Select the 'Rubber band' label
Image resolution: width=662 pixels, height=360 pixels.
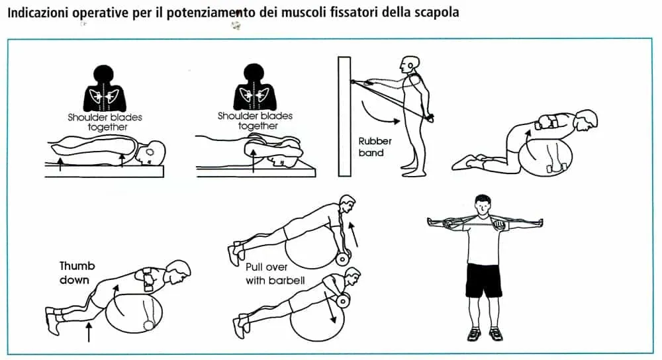[x=375, y=147]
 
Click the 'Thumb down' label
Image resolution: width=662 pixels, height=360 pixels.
[x=77, y=273]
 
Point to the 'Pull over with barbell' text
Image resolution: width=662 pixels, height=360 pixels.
[x=275, y=273]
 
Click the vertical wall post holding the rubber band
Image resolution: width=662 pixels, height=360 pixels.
[x=344, y=116]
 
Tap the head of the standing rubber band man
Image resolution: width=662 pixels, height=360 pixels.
[x=410, y=65]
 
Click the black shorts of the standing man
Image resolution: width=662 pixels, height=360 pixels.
[x=484, y=280]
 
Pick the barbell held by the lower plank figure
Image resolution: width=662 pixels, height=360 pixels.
[x=342, y=300]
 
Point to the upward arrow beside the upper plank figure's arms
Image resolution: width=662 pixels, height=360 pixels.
[x=354, y=235]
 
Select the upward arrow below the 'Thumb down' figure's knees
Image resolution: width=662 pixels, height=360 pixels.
[x=89, y=332]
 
